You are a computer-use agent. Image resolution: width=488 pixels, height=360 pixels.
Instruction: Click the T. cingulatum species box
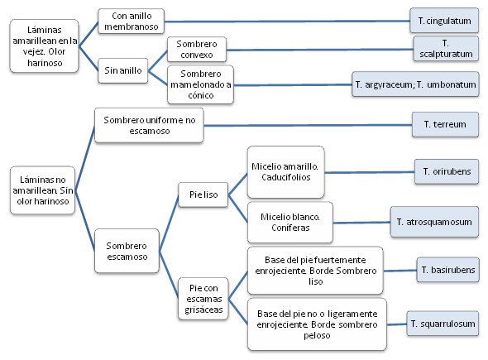pos(444,21)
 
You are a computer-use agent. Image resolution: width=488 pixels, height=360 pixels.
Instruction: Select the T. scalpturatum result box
pos(446,49)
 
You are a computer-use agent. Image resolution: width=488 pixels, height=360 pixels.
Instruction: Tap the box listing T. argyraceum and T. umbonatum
pos(415,84)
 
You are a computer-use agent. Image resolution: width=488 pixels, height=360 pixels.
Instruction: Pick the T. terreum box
pos(445,125)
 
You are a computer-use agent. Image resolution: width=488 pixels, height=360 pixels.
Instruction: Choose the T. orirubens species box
pos(447,171)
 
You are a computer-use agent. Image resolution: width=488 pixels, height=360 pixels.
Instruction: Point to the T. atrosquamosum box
pos(434,222)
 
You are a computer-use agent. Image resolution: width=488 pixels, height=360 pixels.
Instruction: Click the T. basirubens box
pos(447,270)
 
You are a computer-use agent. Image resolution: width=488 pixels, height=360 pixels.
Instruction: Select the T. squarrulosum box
pos(443,324)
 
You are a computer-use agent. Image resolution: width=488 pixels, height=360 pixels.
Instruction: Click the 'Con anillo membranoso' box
pos(131,22)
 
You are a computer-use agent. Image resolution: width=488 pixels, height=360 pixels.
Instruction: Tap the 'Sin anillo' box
pos(123,70)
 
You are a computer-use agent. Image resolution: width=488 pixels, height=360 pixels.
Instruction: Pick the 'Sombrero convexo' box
pos(197,50)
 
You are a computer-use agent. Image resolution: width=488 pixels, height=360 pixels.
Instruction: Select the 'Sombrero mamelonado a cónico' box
pos(200,84)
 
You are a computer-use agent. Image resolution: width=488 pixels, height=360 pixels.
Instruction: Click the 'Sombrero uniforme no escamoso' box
pos(149,125)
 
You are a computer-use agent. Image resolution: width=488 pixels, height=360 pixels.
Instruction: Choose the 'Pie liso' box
pos(203,194)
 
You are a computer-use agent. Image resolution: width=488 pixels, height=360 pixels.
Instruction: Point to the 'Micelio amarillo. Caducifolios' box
pos(286,172)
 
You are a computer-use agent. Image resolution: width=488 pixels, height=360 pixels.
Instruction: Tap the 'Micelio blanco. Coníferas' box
pos(290,223)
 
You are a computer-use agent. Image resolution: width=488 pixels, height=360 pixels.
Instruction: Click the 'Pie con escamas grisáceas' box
pos(203,299)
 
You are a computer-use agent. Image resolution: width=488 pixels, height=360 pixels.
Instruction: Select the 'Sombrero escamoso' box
pos(127,251)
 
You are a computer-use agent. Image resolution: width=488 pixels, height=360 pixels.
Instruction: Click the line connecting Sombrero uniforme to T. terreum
pos(308,125)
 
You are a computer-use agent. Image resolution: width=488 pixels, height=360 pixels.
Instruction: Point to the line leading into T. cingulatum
pos(287,22)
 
